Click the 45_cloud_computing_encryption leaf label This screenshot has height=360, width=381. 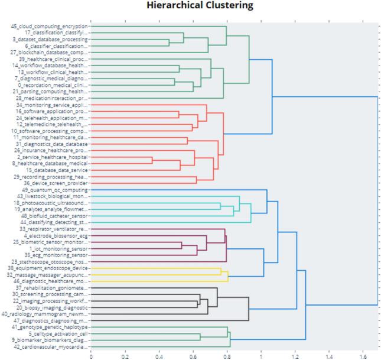click(49, 26)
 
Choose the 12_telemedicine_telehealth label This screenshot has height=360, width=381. click(51, 124)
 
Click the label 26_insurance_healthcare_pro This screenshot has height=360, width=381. click(51, 150)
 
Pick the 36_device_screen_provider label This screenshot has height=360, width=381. click(55, 183)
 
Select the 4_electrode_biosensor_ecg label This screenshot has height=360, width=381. click(54, 235)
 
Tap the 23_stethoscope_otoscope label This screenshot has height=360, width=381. click(51, 261)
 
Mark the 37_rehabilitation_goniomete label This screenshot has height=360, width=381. click(52, 288)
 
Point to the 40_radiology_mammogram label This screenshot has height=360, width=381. click(50, 314)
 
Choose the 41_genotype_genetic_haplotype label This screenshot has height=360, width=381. click(50, 327)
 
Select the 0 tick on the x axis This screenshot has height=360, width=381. click(91, 355)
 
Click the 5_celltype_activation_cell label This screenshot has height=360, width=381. click(54, 333)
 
